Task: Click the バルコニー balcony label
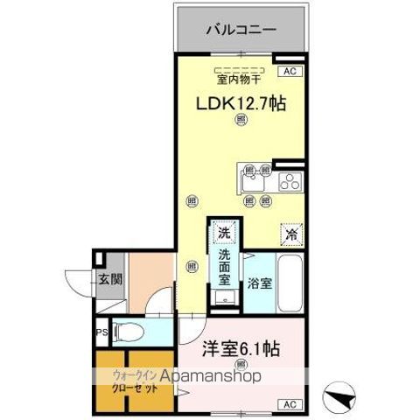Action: coord(241,30)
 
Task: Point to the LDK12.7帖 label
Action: coord(240,103)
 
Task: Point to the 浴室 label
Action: coord(260,283)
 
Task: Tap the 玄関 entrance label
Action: coord(109,279)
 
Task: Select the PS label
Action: coord(101,332)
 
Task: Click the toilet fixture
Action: coord(128,332)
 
